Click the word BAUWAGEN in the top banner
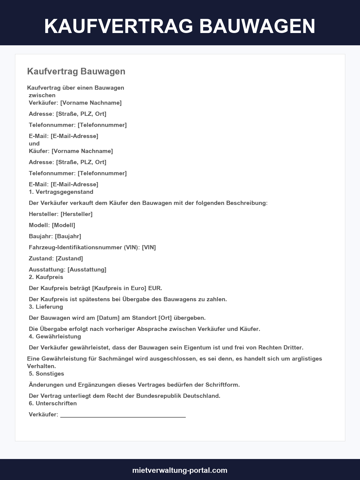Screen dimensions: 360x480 [x=257, y=26]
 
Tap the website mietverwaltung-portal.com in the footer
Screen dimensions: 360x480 [x=180, y=470]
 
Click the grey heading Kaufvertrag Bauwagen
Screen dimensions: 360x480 [x=76, y=71]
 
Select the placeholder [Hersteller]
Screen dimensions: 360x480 [x=76, y=214]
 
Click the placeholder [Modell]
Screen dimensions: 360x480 [x=63, y=225]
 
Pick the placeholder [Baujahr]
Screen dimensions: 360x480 [x=68, y=236]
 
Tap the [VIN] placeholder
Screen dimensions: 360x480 [x=149, y=247]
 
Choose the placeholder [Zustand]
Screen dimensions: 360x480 [x=69, y=258]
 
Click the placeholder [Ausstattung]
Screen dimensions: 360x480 [x=87, y=269]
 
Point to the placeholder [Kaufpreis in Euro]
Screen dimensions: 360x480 [x=119, y=288]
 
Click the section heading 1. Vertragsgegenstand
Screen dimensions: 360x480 [x=61, y=192]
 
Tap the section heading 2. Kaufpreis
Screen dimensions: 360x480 [x=46, y=277]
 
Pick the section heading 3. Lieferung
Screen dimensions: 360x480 [x=46, y=307]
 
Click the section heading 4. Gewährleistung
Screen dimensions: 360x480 [x=55, y=336]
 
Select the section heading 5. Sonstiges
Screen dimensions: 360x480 [x=46, y=373]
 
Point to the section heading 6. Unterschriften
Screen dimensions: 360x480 [x=53, y=403]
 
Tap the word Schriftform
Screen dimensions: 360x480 [x=222, y=385]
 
